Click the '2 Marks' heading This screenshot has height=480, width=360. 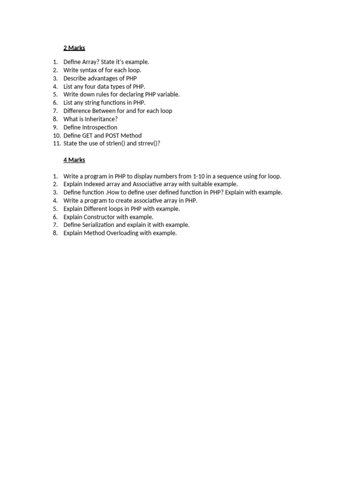(x=74, y=48)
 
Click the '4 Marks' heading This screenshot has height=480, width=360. (x=74, y=160)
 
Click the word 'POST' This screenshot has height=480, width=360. (x=114, y=135)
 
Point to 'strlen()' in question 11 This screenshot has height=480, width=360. (x=115, y=143)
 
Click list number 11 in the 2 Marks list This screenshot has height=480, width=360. (x=57, y=143)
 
